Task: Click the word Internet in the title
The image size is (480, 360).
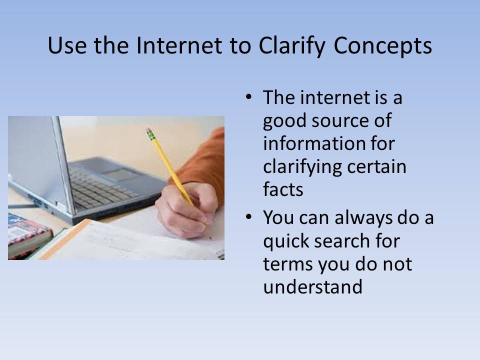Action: (179, 45)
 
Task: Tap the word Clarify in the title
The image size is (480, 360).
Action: (292, 46)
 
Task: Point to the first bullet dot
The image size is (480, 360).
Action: (248, 97)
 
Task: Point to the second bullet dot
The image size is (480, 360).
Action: (248, 217)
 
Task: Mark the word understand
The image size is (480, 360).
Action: (312, 286)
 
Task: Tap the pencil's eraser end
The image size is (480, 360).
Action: (149, 131)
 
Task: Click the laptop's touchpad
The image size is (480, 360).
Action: (121, 174)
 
